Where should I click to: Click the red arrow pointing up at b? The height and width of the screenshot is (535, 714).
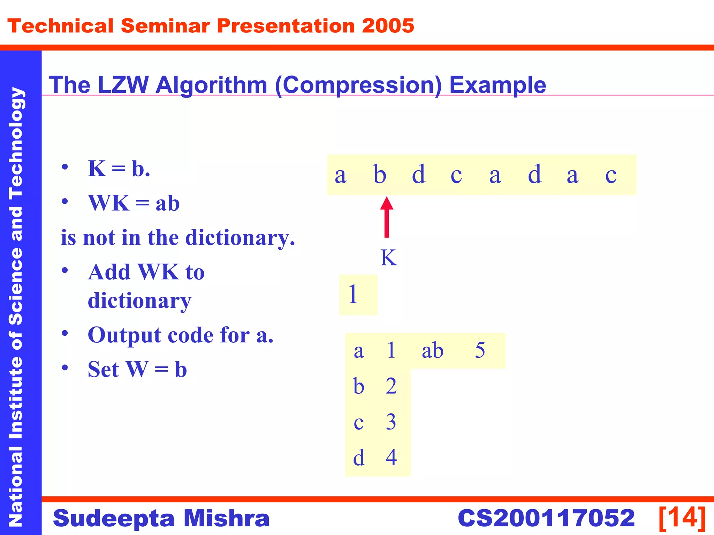386,217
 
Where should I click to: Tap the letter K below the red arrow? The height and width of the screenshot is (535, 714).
388,258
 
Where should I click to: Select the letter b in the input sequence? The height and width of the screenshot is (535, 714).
380,175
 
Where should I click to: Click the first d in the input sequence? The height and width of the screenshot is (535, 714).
418,175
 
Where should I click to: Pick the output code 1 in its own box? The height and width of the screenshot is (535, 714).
353,295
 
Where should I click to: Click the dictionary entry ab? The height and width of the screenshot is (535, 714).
432,350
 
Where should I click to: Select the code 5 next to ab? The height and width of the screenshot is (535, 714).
480,350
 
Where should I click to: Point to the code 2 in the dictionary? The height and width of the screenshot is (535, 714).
391,386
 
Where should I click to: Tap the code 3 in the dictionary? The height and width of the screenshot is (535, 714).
391,422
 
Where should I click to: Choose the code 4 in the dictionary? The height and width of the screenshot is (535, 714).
391,458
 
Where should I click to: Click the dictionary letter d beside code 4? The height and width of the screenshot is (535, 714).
359,458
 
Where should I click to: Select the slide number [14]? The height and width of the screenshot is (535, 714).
682,518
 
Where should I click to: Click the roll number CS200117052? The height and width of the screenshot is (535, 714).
546,518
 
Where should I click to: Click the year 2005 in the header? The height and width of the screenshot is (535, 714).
388,26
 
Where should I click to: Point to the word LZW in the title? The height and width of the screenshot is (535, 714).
123,85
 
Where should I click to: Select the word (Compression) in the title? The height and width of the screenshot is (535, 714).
358,85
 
